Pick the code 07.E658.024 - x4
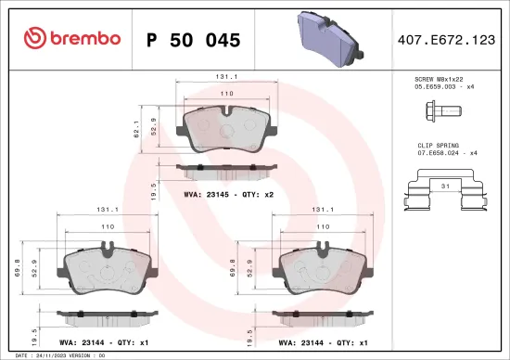446,154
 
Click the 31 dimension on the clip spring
446,186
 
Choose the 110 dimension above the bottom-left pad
108,226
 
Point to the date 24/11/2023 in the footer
45,354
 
